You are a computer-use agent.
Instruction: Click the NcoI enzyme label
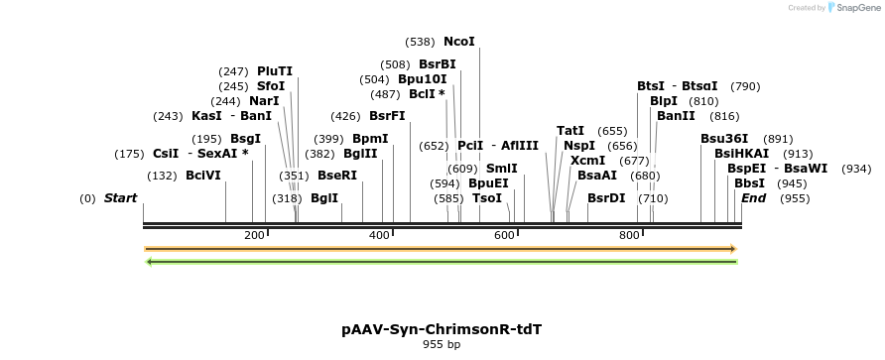pyautogui.click(x=459, y=42)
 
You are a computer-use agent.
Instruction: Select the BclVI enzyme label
pyautogui.click(x=203, y=176)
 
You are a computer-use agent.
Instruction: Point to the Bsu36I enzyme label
pyautogui.click(x=724, y=139)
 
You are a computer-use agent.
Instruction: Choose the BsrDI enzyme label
pyautogui.click(x=606, y=198)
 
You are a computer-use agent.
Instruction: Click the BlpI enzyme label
pyautogui.click(x=664, y=101)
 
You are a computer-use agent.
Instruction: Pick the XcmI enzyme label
pyautogui.click(x=587, y=161)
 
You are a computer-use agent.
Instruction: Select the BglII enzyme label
pyautogui.click(x=360, y=154)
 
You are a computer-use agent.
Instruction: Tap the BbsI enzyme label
pyautogui.click(x=749, y=183)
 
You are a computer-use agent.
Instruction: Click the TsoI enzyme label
pyautogui.click(x=487, y=198)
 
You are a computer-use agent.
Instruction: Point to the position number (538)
pyautogui.click(x=421, y=42)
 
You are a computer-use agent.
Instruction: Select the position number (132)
pyautogui.click(x=162, y=176)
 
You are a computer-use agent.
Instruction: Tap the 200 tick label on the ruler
pyautogui.click(x=254, y=235)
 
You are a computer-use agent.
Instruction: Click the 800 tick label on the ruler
pyautogui.click(x=629, y=235)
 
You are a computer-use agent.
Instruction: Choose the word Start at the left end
pyautogui.click(x=120, y=198)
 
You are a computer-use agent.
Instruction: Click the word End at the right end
pyautogui.click(x=754, y=198)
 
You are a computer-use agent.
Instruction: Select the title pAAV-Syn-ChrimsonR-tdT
pyautogui.click(x=442, y=328)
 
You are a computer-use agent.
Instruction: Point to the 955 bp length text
pyautogui.click(x=442, y=345)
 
